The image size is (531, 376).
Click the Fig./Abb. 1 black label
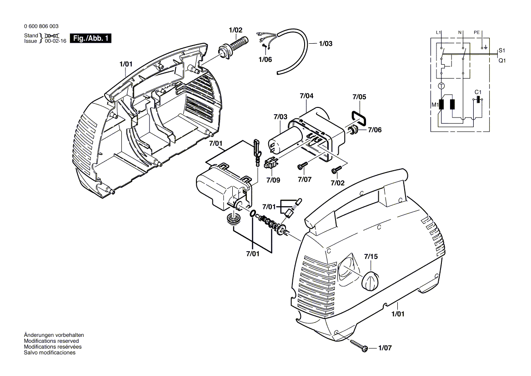pos(90,38)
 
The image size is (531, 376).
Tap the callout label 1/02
pos(235,30)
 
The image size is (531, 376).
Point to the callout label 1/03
pos(326,44)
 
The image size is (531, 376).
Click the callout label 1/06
pos(265,59)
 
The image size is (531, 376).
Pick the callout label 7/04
pos(306,96)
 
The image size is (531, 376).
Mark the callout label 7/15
pos(371,257)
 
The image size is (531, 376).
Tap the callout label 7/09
pos(273,180)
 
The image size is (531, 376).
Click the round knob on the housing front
pos(371,281)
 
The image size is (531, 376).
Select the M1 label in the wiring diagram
pos(434,106)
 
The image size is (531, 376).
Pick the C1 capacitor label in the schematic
pos(478,92)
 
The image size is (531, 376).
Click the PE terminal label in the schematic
pos(476,32)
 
